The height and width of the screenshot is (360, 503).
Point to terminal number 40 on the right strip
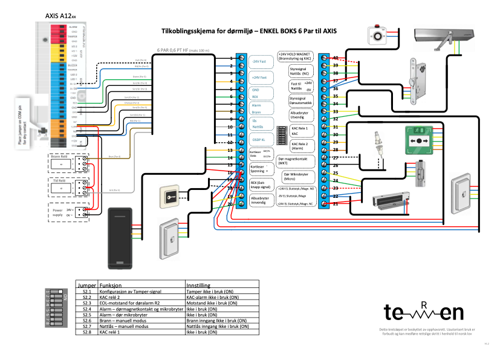(x=335, y=57)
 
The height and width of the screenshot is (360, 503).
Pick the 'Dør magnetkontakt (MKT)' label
(x=296, y=160)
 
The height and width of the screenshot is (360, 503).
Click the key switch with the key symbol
(x=169, y=197)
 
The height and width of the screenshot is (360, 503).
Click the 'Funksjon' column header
(x=112, y=284)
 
